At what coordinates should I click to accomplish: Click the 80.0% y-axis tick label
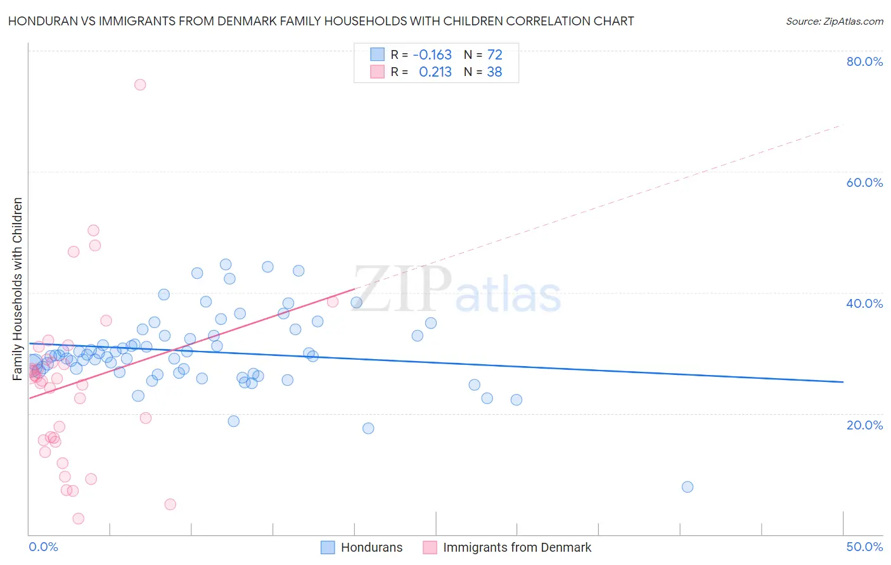864,61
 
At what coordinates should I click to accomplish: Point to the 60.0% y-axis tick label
864,182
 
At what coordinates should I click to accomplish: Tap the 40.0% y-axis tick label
864,303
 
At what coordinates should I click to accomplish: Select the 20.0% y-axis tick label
864,425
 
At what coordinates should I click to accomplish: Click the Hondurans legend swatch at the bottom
328,547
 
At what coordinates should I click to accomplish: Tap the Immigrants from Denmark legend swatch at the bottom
430,547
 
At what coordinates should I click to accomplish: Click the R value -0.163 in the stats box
432,55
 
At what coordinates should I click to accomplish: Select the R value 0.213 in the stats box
435,72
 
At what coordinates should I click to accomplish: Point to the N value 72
494,55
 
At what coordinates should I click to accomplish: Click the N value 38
494,72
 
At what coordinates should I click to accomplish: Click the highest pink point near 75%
140,85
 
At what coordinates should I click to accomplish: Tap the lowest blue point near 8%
688,487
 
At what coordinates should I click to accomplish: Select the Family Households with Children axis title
18,289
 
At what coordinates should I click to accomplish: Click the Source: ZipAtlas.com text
834,22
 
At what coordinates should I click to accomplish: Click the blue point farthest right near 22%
516,400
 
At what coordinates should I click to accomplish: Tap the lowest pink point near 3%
79,519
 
